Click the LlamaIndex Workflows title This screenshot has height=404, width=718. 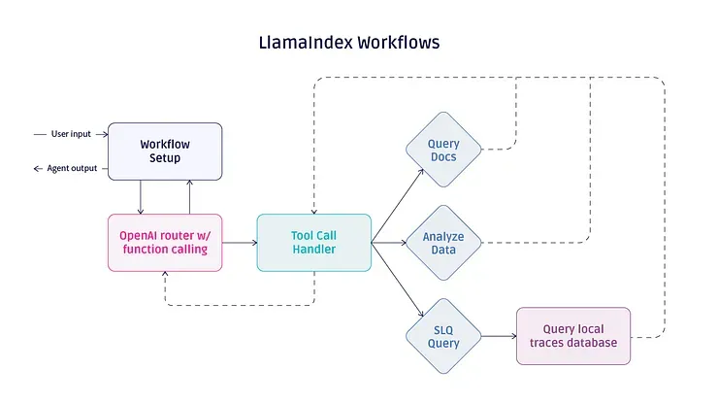tap(349, 43)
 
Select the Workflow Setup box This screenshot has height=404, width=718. tap(165, 151)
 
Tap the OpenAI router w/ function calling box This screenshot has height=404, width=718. tap(165, 243)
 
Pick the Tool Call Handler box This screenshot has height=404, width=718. tap(314, 243)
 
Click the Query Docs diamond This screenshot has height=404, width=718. tap(443, 150)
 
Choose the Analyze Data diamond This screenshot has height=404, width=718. tap(443, 243)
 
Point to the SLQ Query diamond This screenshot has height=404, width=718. tap(443, 336)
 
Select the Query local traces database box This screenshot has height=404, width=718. tap(573, 336)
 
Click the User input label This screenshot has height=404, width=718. tap(71, 134)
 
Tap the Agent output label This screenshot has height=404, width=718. tap(72, 168)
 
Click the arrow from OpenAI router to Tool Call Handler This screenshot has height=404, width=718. tap(240, 243)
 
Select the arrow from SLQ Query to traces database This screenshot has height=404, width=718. tap(499, 336)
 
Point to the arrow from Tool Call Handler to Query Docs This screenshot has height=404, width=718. tap(398, 206)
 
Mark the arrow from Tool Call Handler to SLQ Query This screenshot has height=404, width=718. tap(398, 280)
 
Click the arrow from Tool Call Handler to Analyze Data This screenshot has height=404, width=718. tap(389, 243)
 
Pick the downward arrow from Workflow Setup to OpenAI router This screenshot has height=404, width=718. tap(141, 197)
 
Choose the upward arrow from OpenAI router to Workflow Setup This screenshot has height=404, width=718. tap(189, 197)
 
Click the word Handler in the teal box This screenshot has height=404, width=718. tap(314, 249)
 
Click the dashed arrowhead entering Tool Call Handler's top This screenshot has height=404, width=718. tap(314, 212)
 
